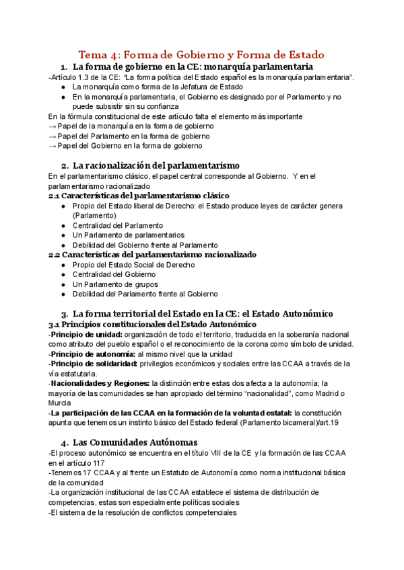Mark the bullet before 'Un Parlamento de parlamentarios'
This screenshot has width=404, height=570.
pos(63,235)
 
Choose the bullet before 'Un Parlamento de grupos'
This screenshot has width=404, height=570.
pos(63,284)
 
